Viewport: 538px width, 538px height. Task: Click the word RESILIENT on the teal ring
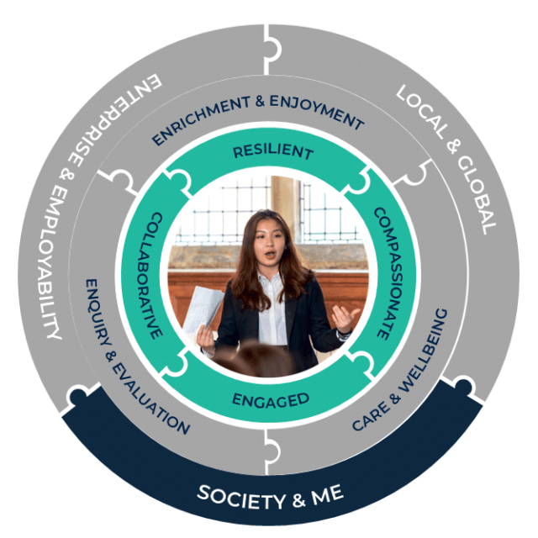tap(273, 151)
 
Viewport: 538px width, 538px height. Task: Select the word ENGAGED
tap(271, 400)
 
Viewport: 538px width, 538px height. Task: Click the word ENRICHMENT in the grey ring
tap(202, 119)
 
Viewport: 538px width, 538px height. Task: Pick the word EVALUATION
tap(150, 398)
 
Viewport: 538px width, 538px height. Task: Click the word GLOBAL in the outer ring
tap(477, 196)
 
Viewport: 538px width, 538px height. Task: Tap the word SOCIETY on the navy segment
tap(241, 496)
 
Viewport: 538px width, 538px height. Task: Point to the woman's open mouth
tap(270, 255)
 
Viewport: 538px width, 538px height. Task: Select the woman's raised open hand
tap(345, 318)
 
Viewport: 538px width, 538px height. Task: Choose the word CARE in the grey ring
tap(371, 416)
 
